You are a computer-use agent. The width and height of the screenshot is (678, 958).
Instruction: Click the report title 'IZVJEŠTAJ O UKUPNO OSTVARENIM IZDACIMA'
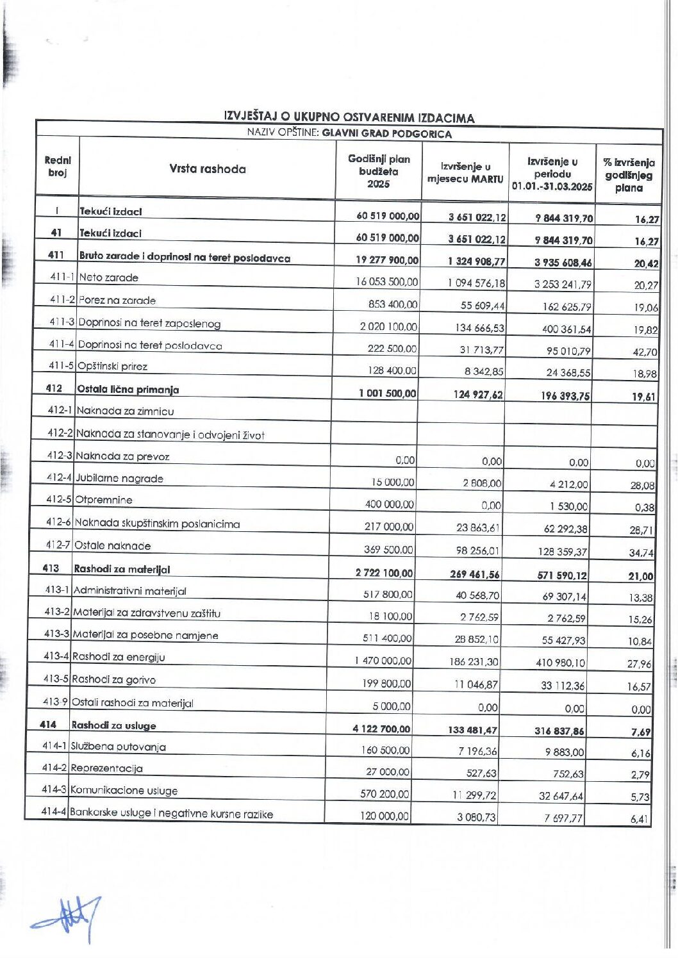[349, 117]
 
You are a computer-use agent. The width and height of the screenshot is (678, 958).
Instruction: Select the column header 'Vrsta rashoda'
[207, 169]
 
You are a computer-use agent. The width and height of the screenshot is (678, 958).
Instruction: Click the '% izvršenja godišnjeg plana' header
[628, 175]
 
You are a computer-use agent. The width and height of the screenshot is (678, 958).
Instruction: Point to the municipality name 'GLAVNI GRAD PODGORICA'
[386, 134]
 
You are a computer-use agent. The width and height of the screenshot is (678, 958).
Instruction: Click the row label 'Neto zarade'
[108, 277]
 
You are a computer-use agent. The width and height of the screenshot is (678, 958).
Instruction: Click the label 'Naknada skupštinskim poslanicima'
[157, 523]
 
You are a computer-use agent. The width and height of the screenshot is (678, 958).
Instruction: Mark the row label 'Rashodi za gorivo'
[113, 679]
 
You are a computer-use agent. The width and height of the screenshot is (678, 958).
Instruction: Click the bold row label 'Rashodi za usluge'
[113, 725]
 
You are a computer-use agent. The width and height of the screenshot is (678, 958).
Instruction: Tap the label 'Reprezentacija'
[106, 768]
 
